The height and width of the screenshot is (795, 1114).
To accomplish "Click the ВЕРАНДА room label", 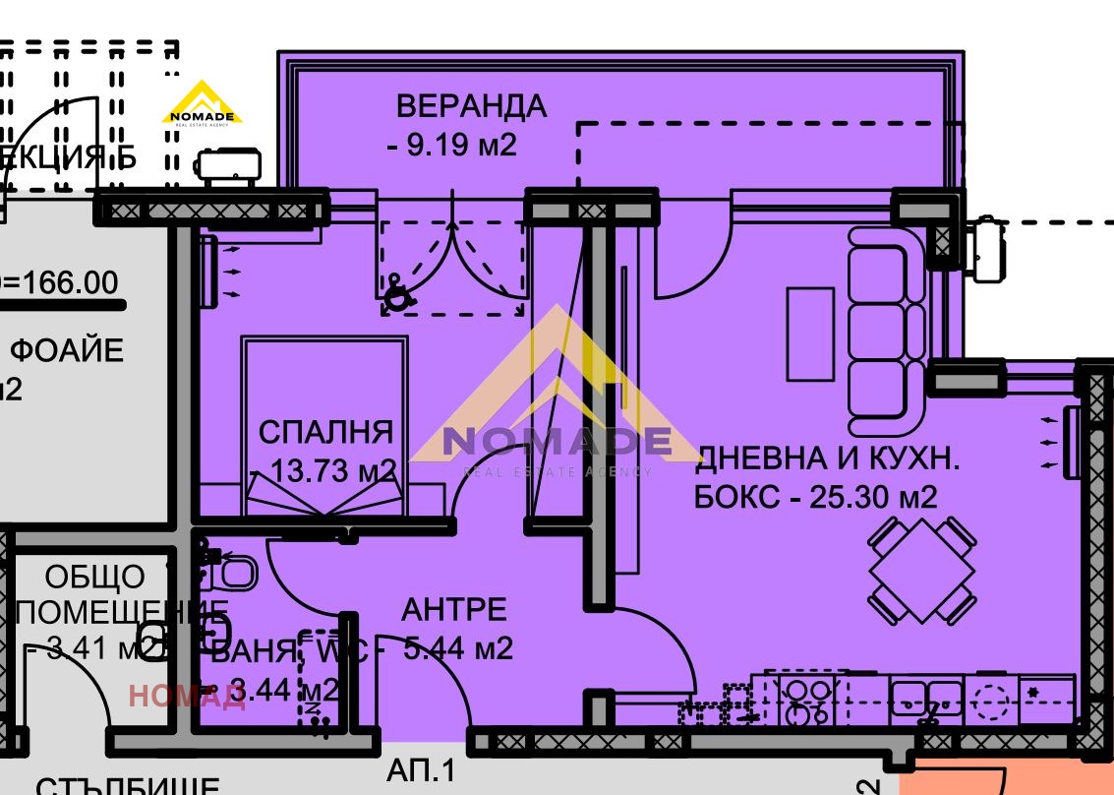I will (471, 105).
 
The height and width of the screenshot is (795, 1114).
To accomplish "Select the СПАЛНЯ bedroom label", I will (325, 432).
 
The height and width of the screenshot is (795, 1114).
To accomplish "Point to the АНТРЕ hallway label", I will (454, 609).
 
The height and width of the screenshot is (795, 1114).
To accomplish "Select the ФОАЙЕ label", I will (66, 349).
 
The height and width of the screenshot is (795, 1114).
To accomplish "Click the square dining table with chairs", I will (921, 570).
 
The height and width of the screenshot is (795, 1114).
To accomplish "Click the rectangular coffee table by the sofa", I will (810, 334).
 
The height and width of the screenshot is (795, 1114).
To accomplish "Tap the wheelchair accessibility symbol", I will (397, 293).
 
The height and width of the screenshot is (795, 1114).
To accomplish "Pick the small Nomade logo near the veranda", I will (203, 103).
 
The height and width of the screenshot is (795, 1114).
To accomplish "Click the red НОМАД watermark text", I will (186, 697).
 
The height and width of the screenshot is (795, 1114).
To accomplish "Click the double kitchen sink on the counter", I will (927, 698).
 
